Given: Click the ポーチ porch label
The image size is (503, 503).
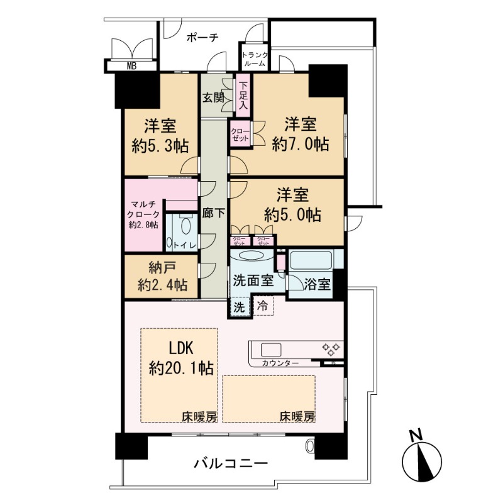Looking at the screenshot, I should point(202,38).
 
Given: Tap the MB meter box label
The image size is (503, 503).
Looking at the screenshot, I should point(131,65).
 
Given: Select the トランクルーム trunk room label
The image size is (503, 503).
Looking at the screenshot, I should point(255,59).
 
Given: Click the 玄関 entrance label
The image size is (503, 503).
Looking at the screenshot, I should point(213,97).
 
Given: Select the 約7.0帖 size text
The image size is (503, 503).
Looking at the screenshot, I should point(300,144).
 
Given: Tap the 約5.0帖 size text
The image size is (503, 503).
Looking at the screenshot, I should point(293,214).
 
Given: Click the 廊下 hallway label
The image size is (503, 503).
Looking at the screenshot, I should point(213,213).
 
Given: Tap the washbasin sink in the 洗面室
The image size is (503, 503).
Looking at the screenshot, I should point(250,256).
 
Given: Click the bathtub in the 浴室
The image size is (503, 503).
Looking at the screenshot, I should point(311,260).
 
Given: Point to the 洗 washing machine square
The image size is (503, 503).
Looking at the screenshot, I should point(240,308).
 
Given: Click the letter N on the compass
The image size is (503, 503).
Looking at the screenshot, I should point(414,434).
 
